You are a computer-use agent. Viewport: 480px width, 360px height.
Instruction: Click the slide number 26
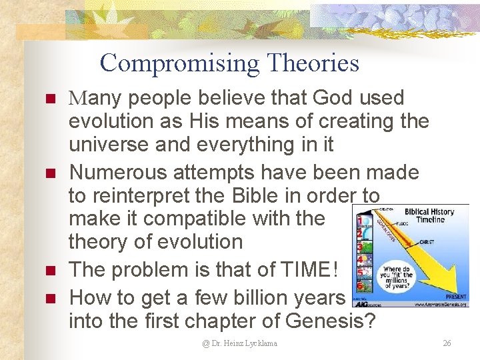pos(447,343)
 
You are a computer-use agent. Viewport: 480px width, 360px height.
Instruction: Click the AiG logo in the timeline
pos(364,302)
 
